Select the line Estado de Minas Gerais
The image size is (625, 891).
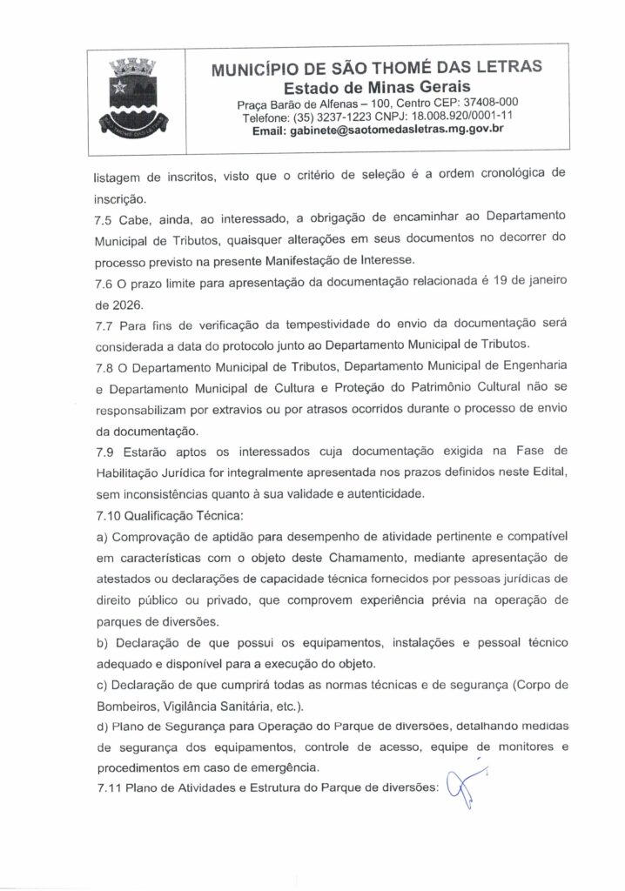click(377, 88)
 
